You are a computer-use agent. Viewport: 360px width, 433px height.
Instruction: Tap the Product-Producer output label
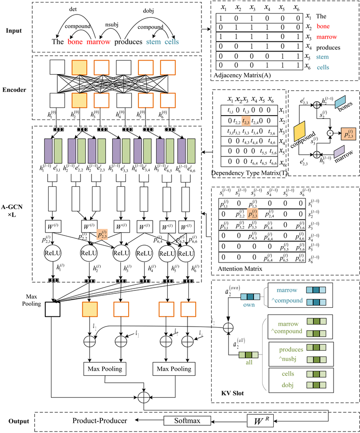100,420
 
